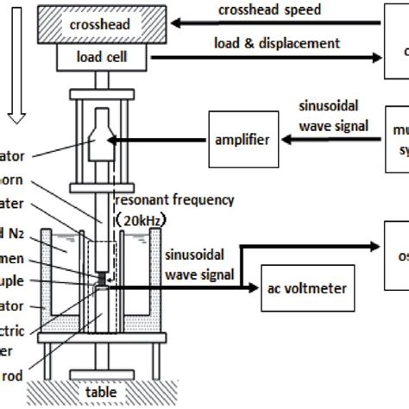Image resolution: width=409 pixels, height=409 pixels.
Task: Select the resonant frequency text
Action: point(192,200)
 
